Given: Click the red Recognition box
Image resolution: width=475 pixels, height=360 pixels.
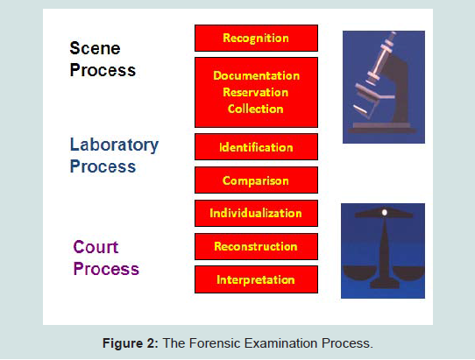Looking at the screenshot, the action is pyautogui.click(x=256, y=39).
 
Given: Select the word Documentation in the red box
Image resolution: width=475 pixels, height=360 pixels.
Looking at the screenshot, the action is pyautogui.click(x=256, y=75).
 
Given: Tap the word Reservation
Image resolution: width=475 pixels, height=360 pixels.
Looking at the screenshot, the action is pyautogui.click(x=256, y=92).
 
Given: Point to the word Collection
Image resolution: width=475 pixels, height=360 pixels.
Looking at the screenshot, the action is pyautogui.click(x=256, y=109).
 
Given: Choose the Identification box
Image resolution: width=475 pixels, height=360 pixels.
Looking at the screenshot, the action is pyautogui.click(x=256, y=147).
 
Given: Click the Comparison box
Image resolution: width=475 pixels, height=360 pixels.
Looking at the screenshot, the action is pyautogui.click(x=256, y=180).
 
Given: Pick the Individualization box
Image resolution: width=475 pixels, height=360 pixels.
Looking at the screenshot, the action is pyautogui.click(x=256, y=213).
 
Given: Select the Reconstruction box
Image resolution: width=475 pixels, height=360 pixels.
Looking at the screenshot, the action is pyautogui.click(x=256, y=246).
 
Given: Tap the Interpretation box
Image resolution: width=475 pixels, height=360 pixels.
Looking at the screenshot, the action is pyautogui.click(x=256, y=279).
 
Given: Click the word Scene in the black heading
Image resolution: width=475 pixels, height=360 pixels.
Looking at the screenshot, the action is pyautogui.click(x=95, y=48).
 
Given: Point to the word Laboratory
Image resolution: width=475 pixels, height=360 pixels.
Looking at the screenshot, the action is pyautogui.click(x=114, y=145).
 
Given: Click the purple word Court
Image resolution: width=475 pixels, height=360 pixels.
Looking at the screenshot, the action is pyautogui.click(x=96, y=247).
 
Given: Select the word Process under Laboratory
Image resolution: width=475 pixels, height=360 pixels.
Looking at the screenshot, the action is pyautogui.click(x=103, y=166).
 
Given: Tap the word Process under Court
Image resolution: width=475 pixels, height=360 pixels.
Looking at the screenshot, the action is pyautogui.click(x=106, y=269).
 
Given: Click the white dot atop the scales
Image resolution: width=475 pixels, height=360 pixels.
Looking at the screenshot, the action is pyautogui.click(x=385, y=213).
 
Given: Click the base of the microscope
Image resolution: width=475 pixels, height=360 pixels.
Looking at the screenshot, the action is pyautogui.click(x=382, y=129).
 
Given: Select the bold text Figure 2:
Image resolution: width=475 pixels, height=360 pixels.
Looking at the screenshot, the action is pyautogui.click(x=131, y=343).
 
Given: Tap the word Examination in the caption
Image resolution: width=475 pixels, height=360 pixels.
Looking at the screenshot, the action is pyautogui.click(x=281, y=343).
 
